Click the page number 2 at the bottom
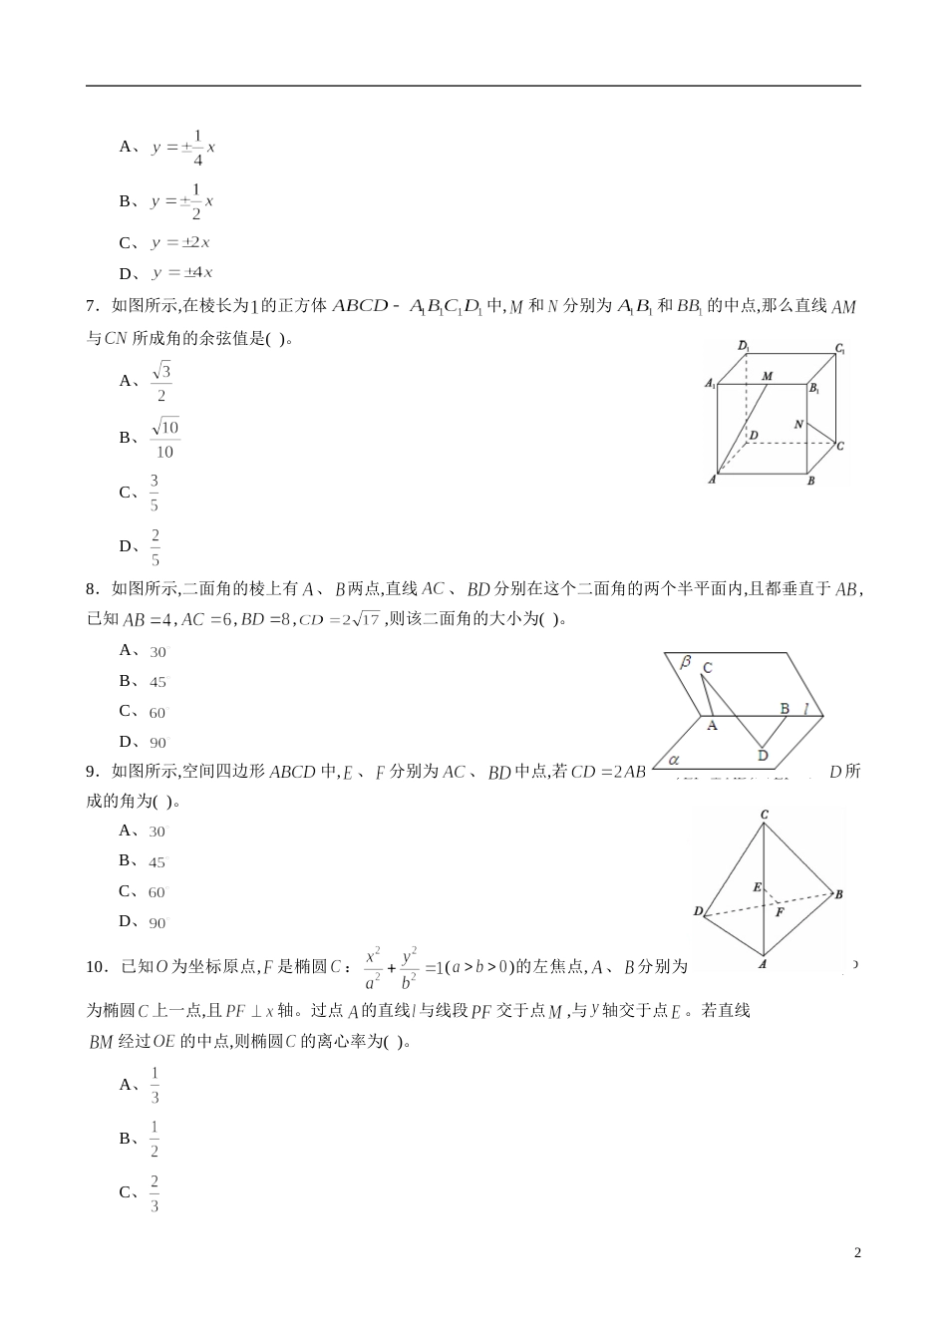[857, 1253]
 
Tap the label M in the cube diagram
[768, 376]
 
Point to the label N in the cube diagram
[798, 425]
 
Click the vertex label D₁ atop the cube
[744, 346]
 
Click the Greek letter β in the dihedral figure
[686, 661]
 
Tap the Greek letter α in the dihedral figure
[674, 759]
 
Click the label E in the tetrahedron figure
[757, 886]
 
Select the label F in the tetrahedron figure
[780, 910]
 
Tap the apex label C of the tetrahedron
[765, 815]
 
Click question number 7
[91, 307]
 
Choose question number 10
[96, 966]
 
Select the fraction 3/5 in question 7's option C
[155, 493]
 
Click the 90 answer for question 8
[158, 743]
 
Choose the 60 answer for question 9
[158, 892]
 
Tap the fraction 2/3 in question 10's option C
[155, 1193]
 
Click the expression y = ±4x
[182, 273]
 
